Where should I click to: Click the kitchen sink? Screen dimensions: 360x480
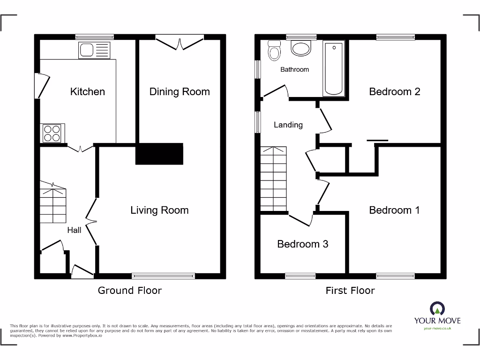tap(95, 50)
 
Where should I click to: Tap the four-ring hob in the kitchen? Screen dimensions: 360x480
tap(52, 133)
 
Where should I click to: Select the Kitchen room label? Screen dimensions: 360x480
tap(87, 91)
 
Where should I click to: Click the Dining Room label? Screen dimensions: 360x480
tap(180, 91)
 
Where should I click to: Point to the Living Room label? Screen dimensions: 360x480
tap(159, 210)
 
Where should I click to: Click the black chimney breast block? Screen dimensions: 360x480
tap(159, 154)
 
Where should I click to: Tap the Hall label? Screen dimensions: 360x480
tap(74, 230)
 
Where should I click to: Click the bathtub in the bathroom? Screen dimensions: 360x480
tap(333, 68)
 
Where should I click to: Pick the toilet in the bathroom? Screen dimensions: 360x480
tap(274, 51)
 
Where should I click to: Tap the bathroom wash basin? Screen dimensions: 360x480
tap(300, 48)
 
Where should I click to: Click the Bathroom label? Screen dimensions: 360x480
tap(294, 69)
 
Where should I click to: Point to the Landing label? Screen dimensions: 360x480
tap(288, 125)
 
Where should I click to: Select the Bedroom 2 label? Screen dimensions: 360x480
tap(394, 91)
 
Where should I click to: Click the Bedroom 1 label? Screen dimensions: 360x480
tap(394, 210)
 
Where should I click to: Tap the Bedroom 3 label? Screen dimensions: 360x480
tap(302, 244)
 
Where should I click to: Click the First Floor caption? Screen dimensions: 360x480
tap(350, 291)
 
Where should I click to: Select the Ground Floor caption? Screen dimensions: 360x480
tap(129, 291)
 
